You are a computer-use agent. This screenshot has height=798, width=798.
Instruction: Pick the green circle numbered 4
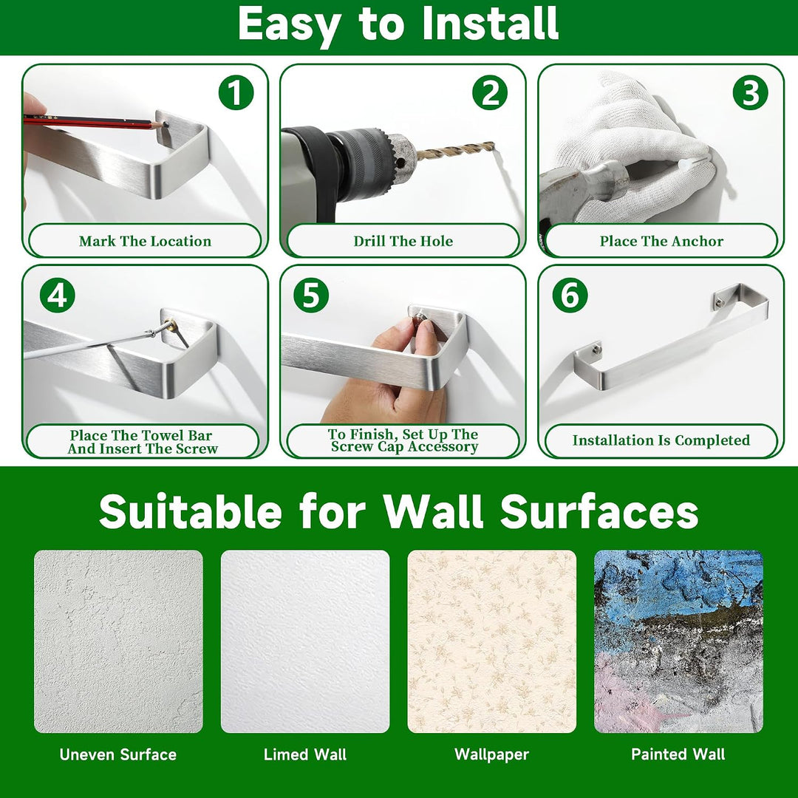[x=58, y=295]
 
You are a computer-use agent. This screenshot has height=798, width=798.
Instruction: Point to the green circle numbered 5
[x=311, y=295]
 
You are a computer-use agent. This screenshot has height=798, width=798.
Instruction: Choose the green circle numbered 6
[x=570, y=295]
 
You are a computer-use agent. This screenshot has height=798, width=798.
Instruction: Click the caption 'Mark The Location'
[x=145, y=241]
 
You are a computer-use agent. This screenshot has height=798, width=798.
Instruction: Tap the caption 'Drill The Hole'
[x=403, y=241]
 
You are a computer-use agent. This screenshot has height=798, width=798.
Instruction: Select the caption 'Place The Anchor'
[x=661, y=241]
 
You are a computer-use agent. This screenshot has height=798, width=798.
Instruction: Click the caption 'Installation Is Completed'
[x=661, y=440]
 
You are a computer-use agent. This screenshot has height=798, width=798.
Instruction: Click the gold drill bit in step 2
[x=455, y=151]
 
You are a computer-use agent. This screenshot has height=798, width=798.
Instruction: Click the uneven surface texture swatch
[x=118, y=641]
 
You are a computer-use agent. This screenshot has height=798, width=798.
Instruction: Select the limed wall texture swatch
[x=305, y=641]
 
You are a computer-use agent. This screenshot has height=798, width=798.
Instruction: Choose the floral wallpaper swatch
[x=491, y=641]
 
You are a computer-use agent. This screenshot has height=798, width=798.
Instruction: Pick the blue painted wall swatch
[x=678, y=641]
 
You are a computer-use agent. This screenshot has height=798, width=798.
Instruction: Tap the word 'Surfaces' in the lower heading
[x=599, y=511]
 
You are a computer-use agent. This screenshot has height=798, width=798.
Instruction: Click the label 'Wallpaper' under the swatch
[x=491, y=754]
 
